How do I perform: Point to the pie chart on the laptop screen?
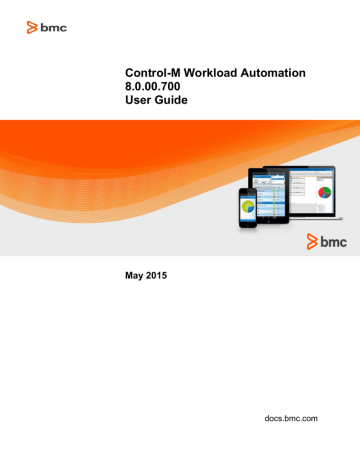[322, 190]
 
